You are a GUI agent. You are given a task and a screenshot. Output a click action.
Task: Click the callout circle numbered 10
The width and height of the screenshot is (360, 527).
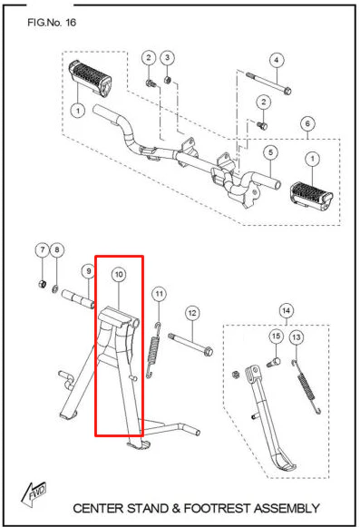pyautogui.click(x=119, y=275)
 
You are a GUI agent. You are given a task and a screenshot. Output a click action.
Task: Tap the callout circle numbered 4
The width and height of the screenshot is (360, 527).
pyautogui.click(x=277, y=60)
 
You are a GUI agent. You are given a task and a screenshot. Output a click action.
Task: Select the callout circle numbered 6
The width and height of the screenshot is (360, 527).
pyautogui.click(x=307, y=123)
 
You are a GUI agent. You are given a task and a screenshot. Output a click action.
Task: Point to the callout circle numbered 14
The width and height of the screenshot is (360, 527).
pyautogui.click(x=286, y=310)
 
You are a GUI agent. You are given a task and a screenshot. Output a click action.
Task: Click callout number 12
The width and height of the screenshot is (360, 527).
pyautogui.click(x=192, y=313)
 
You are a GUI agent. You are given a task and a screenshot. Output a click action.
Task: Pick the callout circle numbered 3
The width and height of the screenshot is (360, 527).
pyautogui.click(x=168, y=57)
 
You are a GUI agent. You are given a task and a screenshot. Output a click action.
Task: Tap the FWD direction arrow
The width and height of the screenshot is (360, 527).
pyautogui.click(x=34, y=494)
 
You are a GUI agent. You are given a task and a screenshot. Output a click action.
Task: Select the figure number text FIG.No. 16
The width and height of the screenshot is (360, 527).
pyautogui.click(x=52, y=23)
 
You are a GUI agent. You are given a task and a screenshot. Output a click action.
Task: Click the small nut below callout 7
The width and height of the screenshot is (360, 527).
pyautogui.click(x=42, y=284)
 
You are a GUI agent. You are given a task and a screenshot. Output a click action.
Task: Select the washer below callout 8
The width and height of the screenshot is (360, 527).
pyautogui.click(x=55, y=288)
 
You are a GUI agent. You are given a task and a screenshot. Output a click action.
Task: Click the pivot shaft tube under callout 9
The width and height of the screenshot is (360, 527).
pyautogui.click(x=79, y=299)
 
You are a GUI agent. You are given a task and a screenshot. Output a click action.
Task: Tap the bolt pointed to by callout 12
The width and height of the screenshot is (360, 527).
pyautogui.click(x=190, y=344)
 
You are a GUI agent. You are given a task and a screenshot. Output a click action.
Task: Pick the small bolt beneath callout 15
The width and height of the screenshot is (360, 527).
pyautogui.click(x=274, y=362)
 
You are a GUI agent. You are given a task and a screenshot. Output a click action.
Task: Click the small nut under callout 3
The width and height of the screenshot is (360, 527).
pyautogui.click(x=168, y=80)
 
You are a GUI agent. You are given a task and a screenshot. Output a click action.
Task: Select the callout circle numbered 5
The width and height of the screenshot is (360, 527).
pyautogui.click(x=271, y=152)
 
